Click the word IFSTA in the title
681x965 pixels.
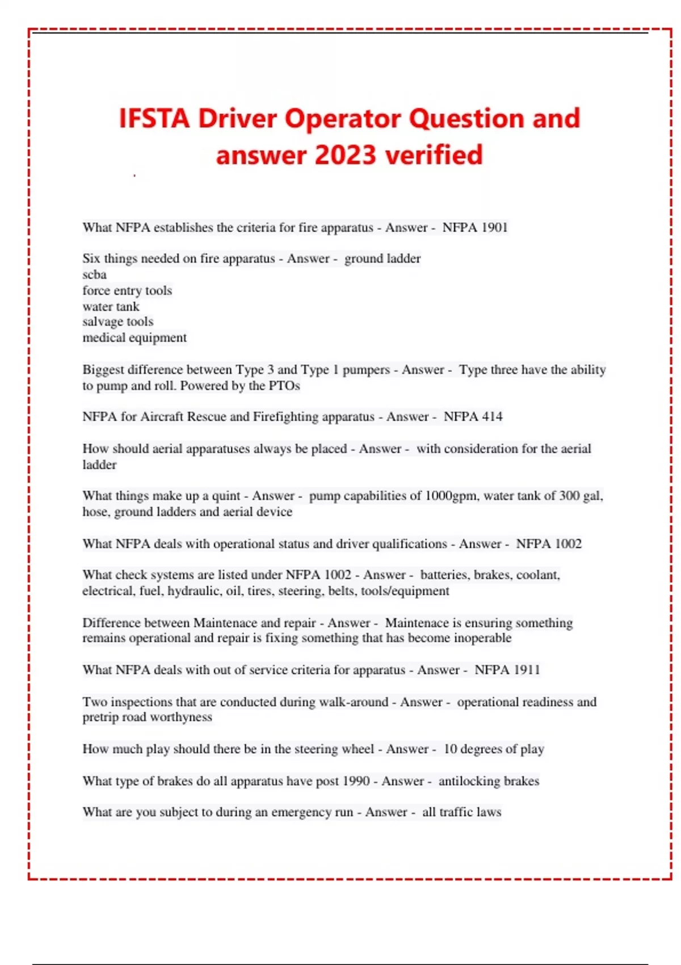click(x=154, y=119)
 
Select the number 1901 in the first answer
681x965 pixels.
click(x=494, y=228)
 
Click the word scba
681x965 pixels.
click(x=94, y=275)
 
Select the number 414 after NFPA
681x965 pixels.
click(x=492, y=417)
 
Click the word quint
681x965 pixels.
click(x=226, y=496)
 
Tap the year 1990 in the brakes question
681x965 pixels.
click(x=356, y=781)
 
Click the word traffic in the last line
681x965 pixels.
click(x=456, y=812)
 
